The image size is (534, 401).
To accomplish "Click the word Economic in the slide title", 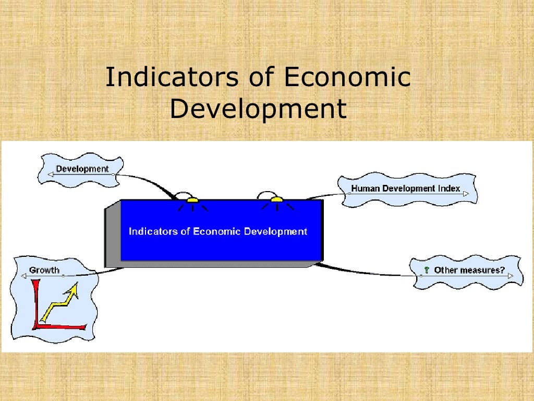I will coord(347,77).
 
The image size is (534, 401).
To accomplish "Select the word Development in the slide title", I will coord(258,109).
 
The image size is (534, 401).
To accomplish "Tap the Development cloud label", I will coord(82,169).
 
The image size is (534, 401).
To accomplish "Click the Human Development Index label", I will coord(405,188).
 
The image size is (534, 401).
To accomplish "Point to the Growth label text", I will coord(44,270).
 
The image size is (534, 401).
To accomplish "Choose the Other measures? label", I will coord(469,270).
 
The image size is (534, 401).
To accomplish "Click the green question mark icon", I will coord(426,270).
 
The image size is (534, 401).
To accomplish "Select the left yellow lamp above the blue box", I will coord(192,199).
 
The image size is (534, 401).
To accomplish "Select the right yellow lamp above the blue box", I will coord(276,199).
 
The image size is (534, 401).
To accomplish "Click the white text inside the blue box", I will coord(218,231).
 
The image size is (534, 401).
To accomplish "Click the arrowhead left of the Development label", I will coord(51,174).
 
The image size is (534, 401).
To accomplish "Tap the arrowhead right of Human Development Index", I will coord(465,194).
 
